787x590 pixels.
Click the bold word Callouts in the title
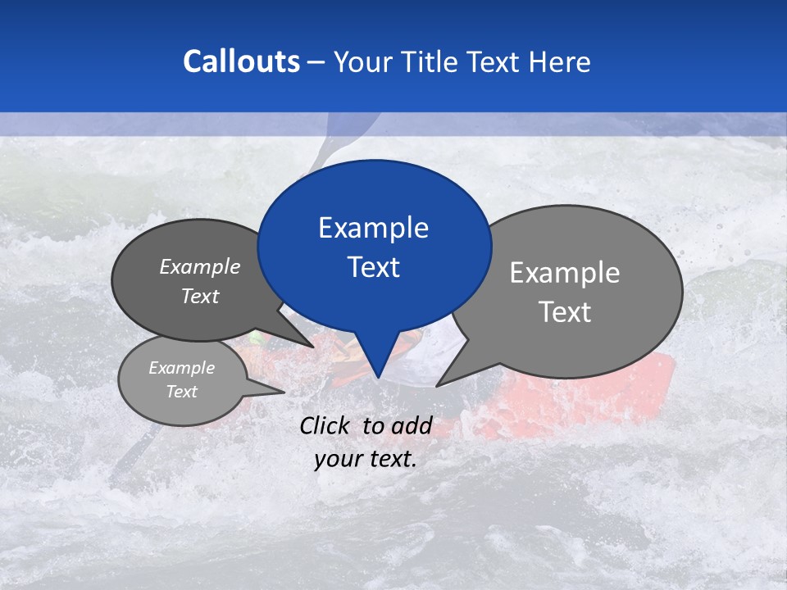coord(241,61)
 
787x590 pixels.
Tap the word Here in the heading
coord(560,61)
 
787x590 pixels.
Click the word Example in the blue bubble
coord(373,227)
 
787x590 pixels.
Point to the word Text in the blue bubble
coord(373,267)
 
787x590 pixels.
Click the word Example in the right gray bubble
coord(565,272)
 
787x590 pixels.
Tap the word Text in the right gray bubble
coord(565,312)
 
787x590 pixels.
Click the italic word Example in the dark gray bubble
coord(200,266)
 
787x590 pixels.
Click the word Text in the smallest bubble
coord(182,392)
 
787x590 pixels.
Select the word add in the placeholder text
coord(412,425)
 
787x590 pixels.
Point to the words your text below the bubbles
coord(366,459)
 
